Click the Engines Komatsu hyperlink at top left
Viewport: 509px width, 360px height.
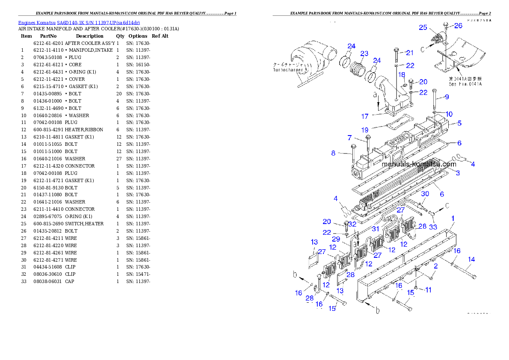pos(79,22)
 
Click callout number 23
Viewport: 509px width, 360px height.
pos(364,53)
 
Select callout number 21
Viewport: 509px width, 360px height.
pos(410,53)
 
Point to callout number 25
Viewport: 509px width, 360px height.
pos(423,28)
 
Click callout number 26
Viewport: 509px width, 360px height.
pos(458,26)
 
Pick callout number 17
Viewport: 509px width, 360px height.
pos(365,116)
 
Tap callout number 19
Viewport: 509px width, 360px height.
pos(364,130)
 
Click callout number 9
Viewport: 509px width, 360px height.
pos(447,97)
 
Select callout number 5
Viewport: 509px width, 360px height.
pos(459,123)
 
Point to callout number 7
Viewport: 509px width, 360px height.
pos(349,138)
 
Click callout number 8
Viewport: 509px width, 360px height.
pos(333,153)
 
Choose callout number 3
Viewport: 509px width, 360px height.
pos(458,173)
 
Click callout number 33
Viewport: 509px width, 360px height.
pos(433,227)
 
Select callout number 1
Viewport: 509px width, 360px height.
pos(453,218)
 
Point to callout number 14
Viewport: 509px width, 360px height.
pos(471,259)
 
